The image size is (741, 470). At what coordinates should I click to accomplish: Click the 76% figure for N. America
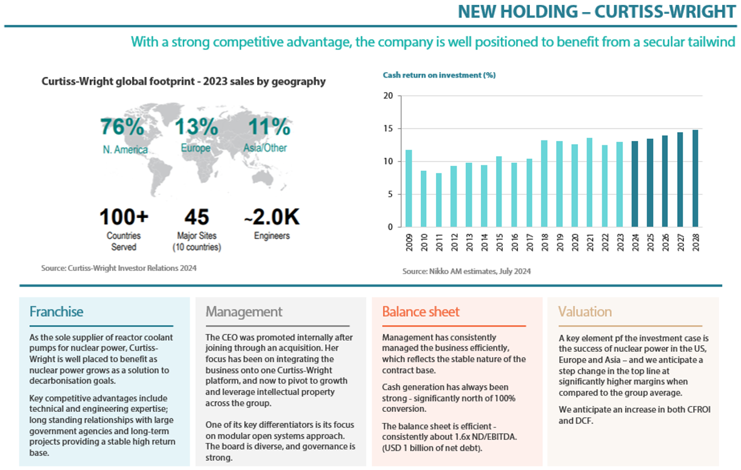tap(122, 127)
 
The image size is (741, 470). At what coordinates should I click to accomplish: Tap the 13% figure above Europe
tap(196, 127)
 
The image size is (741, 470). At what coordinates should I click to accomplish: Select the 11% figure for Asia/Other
tap(269, 127)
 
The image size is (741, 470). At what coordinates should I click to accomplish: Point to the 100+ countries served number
tap(124, 217)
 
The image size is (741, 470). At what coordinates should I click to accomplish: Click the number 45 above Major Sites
tap(196, 217)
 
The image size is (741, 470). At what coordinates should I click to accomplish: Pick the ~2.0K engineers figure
tap(271, 217)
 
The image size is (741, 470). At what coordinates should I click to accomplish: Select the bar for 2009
tap(409, 188)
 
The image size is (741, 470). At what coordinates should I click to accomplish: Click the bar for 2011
tap(438, 200)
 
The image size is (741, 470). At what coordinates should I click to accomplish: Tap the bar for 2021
tap(589, 182)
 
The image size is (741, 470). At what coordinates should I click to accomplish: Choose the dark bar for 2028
tap(695, 179)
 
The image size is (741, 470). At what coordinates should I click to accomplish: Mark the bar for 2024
tap(635, 184)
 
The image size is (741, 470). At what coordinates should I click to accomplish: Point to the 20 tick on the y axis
tap(388, 96)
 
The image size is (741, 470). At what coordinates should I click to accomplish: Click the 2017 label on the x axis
tap(529, 243)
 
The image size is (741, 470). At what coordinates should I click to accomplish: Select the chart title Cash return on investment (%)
tap(439, 75)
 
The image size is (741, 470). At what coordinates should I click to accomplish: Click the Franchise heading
tap(56, 312)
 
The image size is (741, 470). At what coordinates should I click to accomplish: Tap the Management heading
tap(244, 312)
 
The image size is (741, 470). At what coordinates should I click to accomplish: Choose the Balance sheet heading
tap(421, 312)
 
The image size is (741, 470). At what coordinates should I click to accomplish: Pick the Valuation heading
tap(585, 312)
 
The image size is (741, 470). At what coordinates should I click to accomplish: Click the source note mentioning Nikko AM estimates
tap(466, 271)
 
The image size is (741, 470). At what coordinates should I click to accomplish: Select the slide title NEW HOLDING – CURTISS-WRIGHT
tap(597, 12)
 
